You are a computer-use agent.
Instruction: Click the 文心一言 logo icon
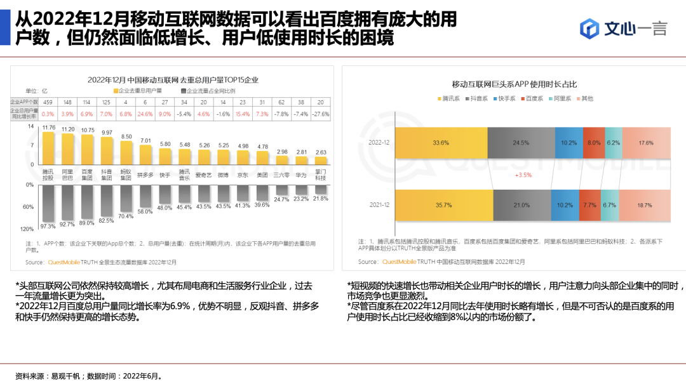click(x=590, y=28)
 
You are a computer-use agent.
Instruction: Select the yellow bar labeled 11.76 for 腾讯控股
click(x=48, y=148)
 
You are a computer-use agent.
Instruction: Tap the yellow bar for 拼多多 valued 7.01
click(x=145, y=154)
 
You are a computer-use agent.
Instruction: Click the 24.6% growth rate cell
click(x=145, y=114)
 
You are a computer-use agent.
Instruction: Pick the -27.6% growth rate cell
click(x=321, y=114)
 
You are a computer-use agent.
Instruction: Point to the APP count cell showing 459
click(x=48, y=102)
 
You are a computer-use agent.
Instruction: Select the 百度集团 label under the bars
click(x=87, y=175)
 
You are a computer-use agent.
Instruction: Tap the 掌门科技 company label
click(x=321, y=175)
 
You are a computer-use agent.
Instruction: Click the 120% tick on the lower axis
click(x=27, y=228)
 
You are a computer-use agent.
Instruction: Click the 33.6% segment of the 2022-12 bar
click(x=441, y=143)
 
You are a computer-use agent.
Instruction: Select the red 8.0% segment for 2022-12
click(x=593, y=143)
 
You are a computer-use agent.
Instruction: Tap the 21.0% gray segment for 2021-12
click(x=521, y=205)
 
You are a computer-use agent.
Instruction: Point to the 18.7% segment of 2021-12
click(x=644, y=205)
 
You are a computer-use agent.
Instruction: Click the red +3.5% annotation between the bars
click(x=523, y=175)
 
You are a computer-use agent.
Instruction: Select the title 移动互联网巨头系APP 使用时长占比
click(x=514, y=84)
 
